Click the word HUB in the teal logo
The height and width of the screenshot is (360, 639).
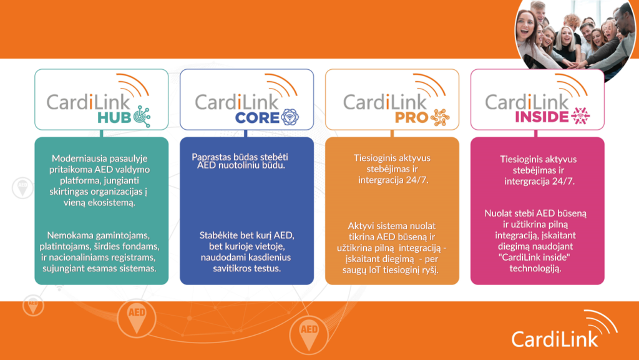click(x=114, y=118)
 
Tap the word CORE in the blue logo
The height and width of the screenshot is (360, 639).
click(x=257, y=118)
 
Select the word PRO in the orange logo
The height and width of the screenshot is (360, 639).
click(x=411, y=118)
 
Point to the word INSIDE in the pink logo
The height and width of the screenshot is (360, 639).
click(x=542, y=117)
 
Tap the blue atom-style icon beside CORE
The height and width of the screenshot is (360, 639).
click(x=290, y=117)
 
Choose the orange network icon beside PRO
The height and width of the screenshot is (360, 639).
click(x=440, y=117)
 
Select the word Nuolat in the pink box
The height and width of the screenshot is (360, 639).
click(x=497, y=213)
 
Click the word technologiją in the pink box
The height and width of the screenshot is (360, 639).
click(x=535, y=269)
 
